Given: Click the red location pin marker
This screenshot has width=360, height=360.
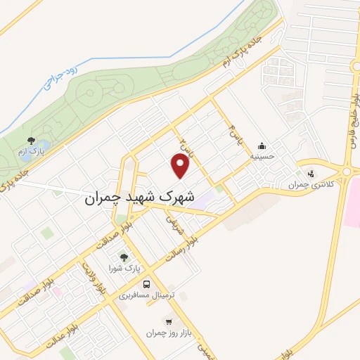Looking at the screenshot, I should pos(181,166).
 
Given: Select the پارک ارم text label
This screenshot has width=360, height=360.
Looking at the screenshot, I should pos(31,151).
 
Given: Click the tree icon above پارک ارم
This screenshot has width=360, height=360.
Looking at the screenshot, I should pos(31,141).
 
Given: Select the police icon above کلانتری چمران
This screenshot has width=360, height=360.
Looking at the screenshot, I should pos(311,174).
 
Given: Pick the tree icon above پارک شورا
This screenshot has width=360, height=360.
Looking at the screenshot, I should pos(125,258).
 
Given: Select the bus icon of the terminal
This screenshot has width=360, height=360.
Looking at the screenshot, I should pos(146,285).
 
